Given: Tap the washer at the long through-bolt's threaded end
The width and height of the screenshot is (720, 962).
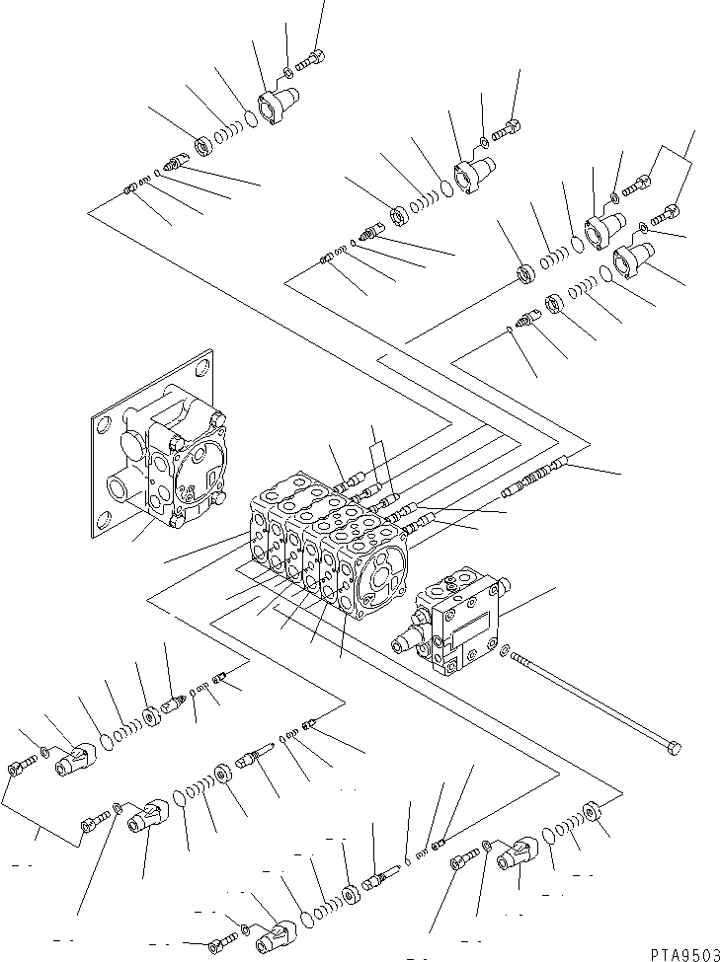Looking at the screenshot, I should tap(506, 651).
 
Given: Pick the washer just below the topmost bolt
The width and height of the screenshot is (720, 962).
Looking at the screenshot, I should tap(287, 72).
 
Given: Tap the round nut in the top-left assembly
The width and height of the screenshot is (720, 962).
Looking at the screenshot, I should tap(203, 147).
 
